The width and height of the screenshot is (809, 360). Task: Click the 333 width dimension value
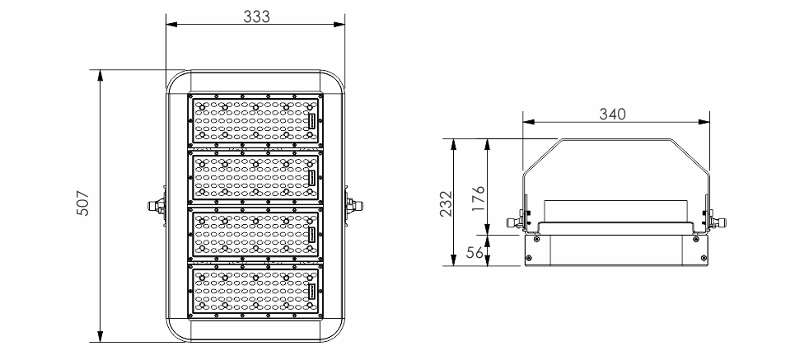point(256,16)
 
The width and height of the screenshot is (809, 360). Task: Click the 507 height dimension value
point(83,203)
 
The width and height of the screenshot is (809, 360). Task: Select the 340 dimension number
point(612,114)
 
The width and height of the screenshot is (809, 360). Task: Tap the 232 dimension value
point(447,203)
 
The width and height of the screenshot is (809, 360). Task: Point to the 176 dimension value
point(479,198)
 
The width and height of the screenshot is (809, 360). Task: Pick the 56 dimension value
point(475,252)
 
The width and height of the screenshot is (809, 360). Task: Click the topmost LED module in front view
point(255,121)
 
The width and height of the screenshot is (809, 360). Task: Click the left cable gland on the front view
point(156,206)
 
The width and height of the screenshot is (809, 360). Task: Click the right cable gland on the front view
point(355,206)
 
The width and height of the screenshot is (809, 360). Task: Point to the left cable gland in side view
point(514,222)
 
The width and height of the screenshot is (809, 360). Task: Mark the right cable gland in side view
point(718,222)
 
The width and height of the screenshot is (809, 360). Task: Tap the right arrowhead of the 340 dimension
point(704,122)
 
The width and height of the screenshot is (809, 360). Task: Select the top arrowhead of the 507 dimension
point(100,75)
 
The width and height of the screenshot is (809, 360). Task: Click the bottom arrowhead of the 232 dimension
point(453,260)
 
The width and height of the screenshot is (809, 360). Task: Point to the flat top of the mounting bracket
point(616,139)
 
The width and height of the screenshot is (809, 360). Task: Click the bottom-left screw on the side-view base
point(528,258)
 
